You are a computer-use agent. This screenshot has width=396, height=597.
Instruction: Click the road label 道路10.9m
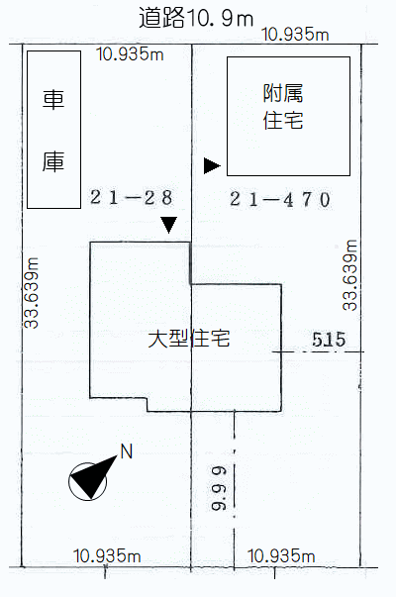(x=196, y=18)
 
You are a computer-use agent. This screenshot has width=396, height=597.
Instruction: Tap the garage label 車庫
(x=53, y=131)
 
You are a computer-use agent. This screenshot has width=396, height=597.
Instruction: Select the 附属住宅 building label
(x=283, y=107)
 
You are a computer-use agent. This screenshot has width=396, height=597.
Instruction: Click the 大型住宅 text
(x=189, y=338)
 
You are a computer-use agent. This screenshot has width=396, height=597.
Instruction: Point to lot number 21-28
(x=132, y=198)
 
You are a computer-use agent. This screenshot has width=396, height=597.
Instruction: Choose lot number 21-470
(x=280, y=200)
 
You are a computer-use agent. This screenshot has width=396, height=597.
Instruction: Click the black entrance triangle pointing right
(x=212, y=165)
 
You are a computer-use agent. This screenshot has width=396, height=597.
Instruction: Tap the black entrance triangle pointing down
(x=168, y=225)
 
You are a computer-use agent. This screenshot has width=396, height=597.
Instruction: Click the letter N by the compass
(x=127, y=451)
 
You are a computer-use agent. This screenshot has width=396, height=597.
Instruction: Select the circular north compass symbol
(x=87, y=481)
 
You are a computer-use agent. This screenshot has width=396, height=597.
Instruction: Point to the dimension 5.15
(x=329, y=340)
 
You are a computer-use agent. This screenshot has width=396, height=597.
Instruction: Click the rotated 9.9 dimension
(x=219, y=488)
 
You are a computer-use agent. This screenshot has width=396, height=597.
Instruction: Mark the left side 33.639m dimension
(x=32, y=293)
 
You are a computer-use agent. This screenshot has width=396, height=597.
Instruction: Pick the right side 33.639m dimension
(x=349, y=275)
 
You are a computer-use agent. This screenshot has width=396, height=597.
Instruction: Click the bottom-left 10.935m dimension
(x=107, y=555)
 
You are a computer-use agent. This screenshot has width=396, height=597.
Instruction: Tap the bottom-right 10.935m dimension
(x=281, y=556)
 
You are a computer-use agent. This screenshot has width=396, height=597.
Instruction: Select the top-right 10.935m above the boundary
(x=295, y=35)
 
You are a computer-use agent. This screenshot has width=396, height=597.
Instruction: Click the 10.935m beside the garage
(x=131, y=54)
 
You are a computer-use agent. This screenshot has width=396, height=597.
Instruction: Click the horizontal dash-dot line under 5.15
(x=319, y=351)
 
